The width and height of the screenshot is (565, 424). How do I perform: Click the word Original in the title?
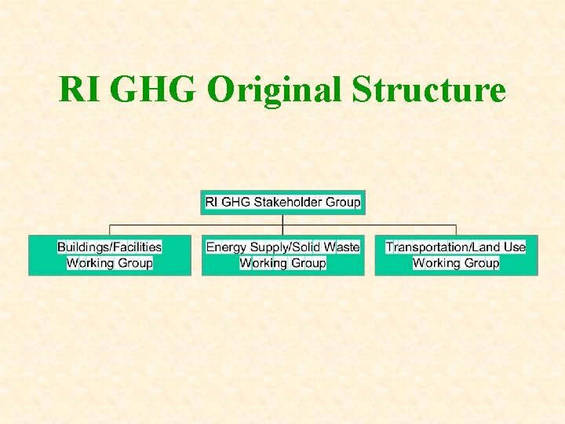point(274,91)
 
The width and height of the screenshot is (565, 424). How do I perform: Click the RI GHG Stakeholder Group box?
point(282,202)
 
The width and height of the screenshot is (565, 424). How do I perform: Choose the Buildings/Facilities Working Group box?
point(110,255)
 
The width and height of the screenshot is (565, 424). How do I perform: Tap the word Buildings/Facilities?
point(110,247)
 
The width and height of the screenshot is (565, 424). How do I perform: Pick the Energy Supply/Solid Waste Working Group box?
point(282,255)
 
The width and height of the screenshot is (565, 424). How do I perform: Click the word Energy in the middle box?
point(226,247)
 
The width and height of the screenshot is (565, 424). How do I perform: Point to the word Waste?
point(341,247)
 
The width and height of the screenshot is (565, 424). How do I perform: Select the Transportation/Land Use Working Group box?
point(456,255)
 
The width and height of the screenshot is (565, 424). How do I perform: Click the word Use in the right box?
point(515,247)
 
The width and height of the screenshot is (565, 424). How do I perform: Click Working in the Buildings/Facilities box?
point(90,263)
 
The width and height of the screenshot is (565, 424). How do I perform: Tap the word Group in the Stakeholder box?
point(343,202)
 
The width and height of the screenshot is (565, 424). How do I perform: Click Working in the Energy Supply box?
point(263,263)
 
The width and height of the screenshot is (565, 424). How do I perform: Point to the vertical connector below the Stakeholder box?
point(282,220)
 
